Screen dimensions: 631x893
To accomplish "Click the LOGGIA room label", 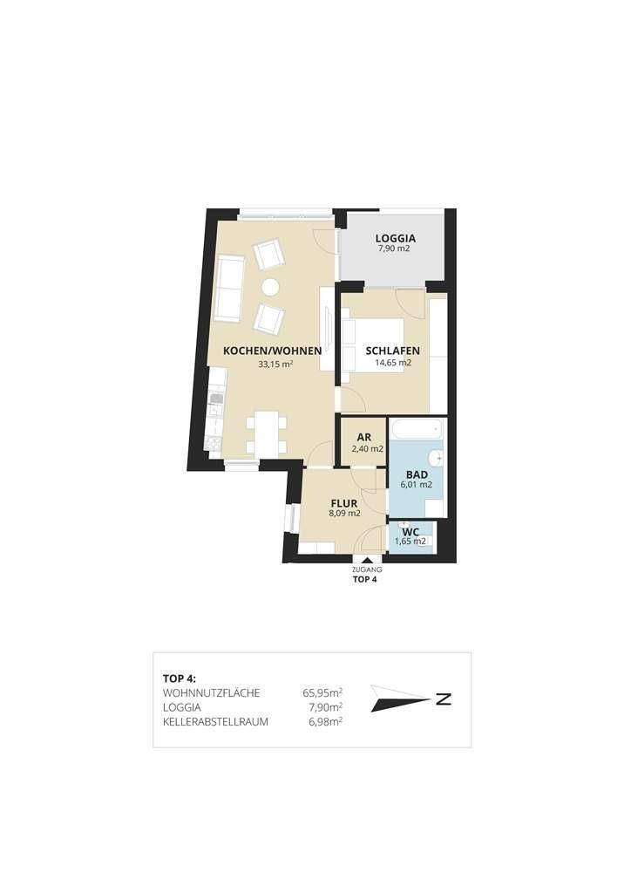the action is (396, 238).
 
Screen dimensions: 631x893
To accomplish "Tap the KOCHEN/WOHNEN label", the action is (273, 351).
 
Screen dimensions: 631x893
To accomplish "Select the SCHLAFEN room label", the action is (392, 351).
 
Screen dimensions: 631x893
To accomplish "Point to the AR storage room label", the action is (364, 438).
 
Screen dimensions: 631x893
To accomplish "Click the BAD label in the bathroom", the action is (417, 474).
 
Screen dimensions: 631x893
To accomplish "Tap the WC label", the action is (410, 532).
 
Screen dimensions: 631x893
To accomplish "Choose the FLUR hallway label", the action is (344, 503).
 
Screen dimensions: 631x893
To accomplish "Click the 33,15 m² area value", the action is (275, 364).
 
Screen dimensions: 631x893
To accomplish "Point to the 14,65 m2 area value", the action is (393, 362).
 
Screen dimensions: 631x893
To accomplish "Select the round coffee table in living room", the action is (270, 288).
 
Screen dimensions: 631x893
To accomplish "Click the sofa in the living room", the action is (230, 288).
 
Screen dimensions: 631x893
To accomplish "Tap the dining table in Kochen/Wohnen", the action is (267, 433).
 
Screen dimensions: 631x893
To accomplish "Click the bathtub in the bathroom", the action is (417, 428).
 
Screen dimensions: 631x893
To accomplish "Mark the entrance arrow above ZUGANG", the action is (367, 561).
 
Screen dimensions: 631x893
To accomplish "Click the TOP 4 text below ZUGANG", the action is (365, 580).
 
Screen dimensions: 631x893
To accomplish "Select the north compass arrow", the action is (401, 699).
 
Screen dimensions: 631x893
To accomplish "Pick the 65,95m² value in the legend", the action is (322, 693).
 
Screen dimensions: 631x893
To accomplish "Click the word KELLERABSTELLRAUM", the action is (215, 722).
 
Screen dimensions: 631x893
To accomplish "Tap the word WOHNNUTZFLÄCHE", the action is (211, 693).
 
